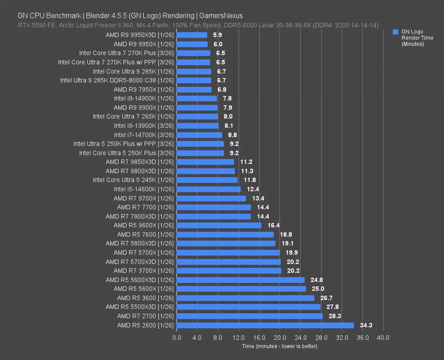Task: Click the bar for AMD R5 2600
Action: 265,325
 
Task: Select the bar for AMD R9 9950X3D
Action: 192,35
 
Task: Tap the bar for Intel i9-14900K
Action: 197,98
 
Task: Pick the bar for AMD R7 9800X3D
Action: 205,171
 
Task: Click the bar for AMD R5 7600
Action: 225,234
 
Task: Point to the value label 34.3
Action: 366,325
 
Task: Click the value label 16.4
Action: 274,226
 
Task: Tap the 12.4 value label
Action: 253,189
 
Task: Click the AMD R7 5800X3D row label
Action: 140,244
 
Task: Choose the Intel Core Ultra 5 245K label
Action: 133,180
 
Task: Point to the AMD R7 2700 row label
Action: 145,316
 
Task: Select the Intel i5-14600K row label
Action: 144,189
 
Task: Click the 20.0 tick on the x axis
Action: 280,338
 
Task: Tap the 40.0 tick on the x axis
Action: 383,338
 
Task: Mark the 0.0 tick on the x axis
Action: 177,338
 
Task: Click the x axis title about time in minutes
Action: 279,346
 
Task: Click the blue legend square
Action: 396,32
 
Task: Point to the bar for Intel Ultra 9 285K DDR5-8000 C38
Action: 194,80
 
